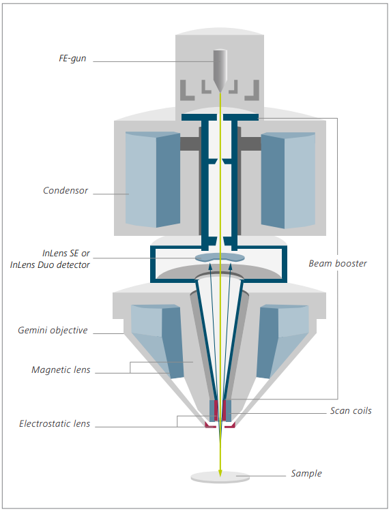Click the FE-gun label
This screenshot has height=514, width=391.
coord(72,59)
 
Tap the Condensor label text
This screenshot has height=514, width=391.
coord(66,190)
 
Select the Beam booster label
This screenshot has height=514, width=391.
coord(338,264)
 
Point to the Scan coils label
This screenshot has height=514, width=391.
coord(351,411)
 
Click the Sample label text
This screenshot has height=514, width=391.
coord(306,473)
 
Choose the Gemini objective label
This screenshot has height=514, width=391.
coord(53,331)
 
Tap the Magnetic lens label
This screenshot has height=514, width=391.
coord(61,369)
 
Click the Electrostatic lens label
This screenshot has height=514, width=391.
coord(55,423)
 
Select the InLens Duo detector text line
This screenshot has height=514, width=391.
coord(50,265)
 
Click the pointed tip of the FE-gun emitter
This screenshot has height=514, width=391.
coord(220,92)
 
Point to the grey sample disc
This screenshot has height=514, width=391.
coord(220,477)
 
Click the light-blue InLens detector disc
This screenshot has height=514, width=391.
coord(220,257)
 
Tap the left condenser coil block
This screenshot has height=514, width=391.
coord(153,180)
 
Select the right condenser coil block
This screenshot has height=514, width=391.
coord(288,180)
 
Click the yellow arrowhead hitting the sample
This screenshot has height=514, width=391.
coord(220,473)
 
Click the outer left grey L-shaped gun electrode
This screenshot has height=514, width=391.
coord(186,91)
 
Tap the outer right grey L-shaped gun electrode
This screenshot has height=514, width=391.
coord(253,91)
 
